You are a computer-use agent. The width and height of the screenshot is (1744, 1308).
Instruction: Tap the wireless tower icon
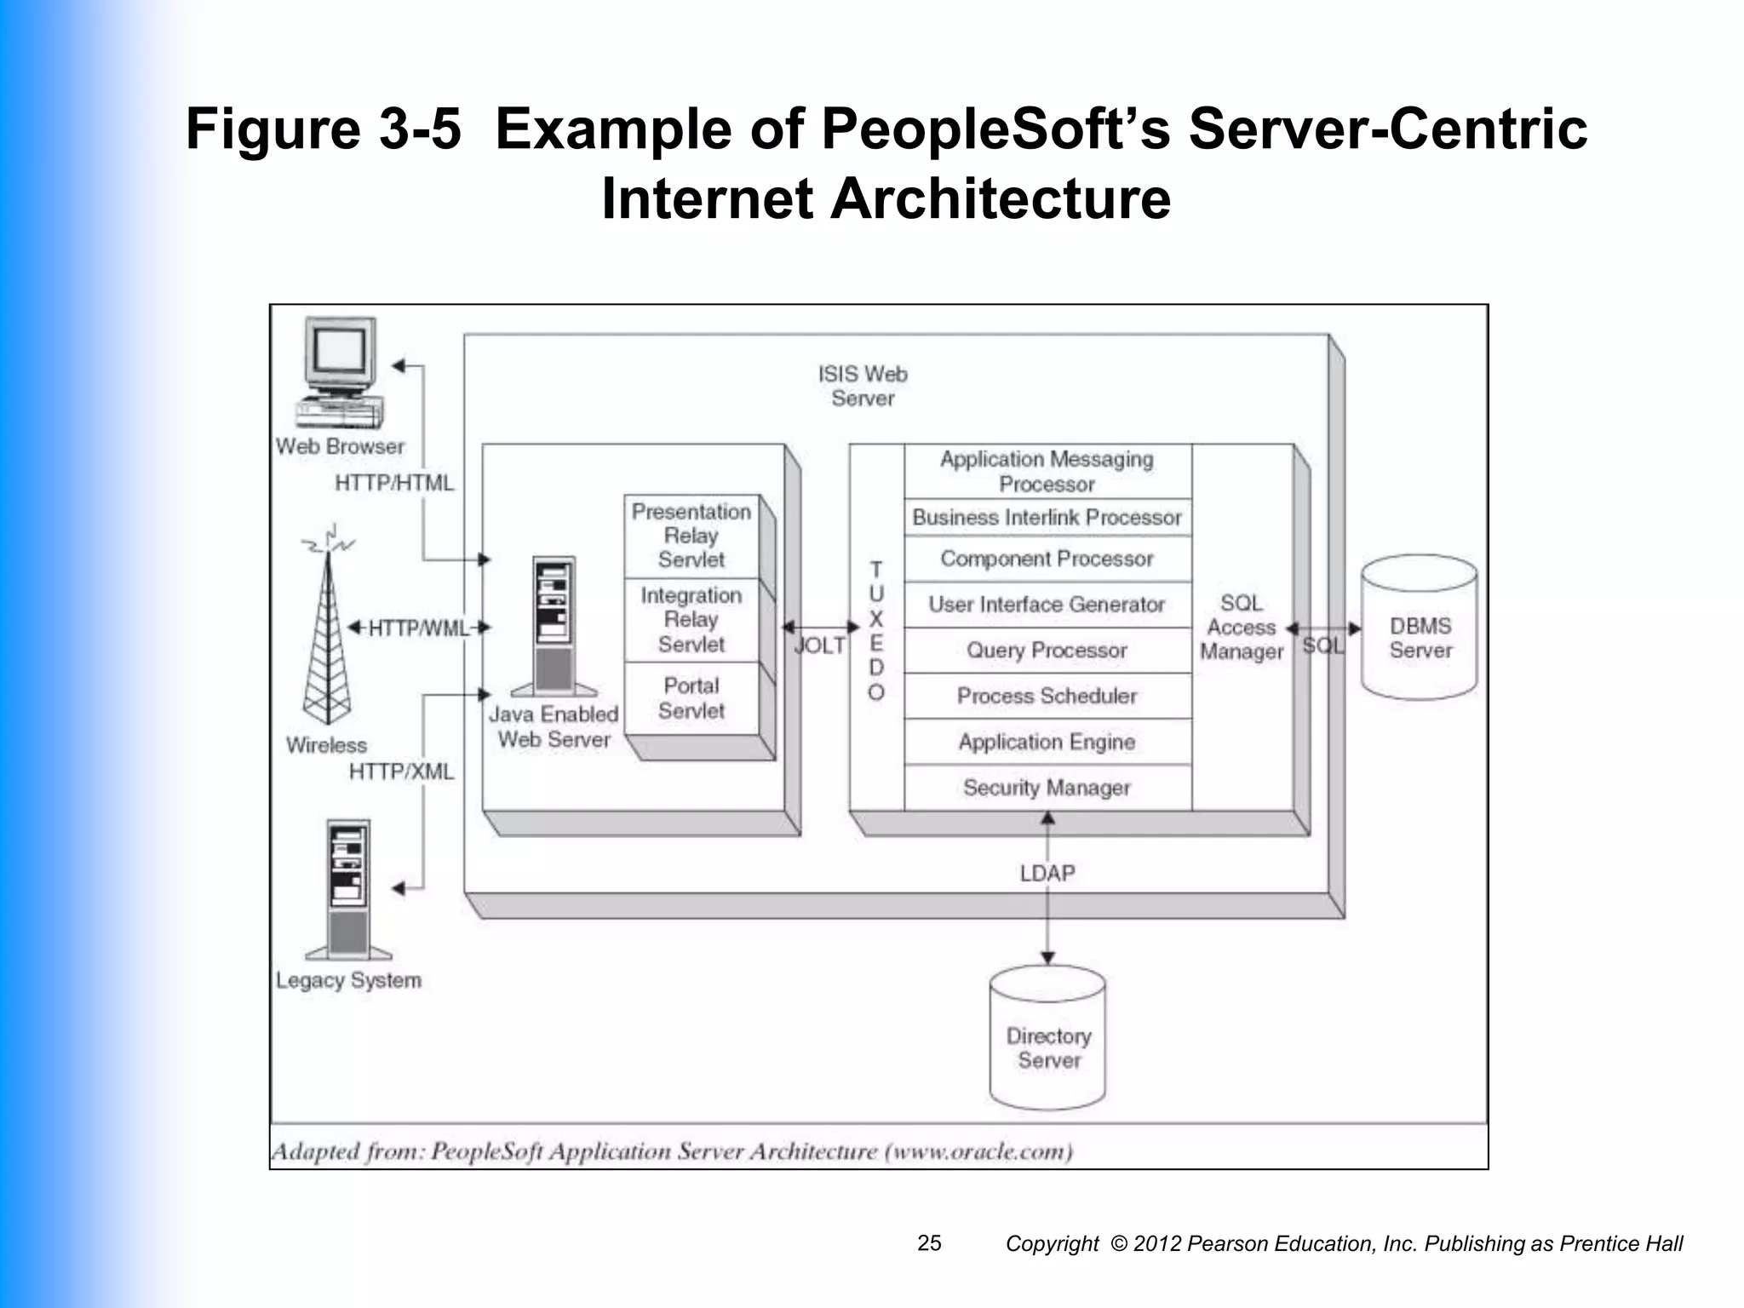pos(328,634)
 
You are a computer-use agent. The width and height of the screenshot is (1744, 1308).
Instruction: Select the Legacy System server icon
pos(349,890)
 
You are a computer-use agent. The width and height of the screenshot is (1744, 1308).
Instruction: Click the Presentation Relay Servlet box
pos(691,536)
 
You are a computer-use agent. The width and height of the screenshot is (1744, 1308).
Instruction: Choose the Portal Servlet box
pos(691,698)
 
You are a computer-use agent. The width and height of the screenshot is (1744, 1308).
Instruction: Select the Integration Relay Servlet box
pos(691,619)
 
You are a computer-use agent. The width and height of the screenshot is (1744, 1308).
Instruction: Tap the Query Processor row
pos(1047,651)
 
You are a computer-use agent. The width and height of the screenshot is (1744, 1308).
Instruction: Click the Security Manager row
pos(1047,788)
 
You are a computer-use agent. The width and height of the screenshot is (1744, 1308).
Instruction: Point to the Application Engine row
pos(1047,742)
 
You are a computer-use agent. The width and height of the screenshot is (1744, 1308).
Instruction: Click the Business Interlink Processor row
pos(1047,517)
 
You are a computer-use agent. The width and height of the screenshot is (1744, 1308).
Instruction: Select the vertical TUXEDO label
pos(876,630)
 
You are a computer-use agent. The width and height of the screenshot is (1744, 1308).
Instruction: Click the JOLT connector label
pos(819,645)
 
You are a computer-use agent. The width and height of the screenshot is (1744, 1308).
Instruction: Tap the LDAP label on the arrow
pos(1047,874)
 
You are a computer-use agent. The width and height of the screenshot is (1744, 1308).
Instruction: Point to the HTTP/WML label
pos(418,628)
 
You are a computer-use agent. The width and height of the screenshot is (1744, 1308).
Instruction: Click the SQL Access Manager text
pos(1241,628)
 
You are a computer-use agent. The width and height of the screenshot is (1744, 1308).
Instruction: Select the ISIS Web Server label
pos(863,386)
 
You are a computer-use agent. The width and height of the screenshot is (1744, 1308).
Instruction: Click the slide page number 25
pos(929,1243)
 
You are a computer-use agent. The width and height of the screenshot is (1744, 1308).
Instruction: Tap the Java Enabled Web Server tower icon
pos(554,626)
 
